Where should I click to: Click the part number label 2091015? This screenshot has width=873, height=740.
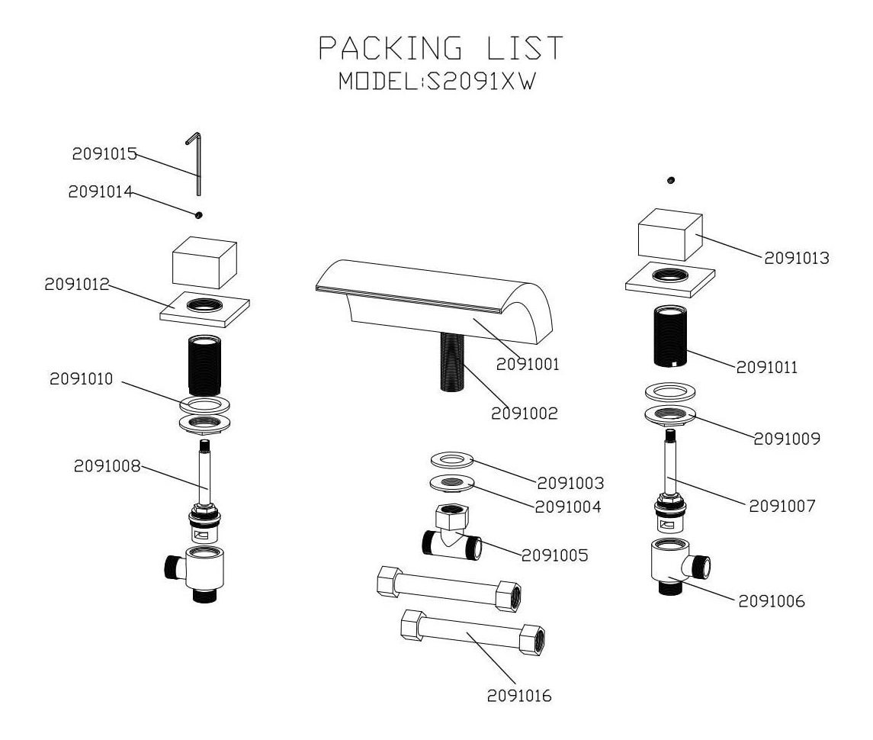coord(104,154)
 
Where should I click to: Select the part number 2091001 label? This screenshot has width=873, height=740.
coord(528,365)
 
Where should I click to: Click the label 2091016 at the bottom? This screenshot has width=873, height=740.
coord(519,696)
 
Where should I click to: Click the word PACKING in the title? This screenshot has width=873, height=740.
coord(389,49)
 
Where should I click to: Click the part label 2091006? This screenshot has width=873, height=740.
coord(771,601)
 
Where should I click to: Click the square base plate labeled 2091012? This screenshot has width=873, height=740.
coord(207,308)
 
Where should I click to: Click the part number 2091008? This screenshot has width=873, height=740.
coord(107,466)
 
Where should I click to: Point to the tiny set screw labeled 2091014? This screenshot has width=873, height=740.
coord(198,215)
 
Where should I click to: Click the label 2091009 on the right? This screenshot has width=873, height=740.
coord(787,439)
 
